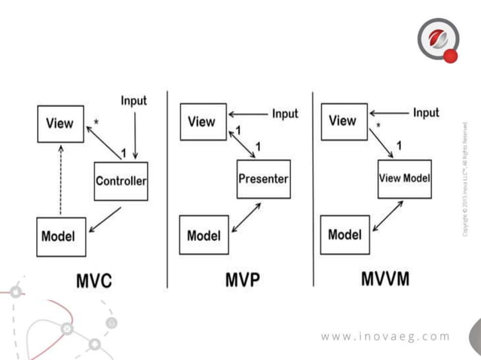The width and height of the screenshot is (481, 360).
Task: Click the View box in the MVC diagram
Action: [60, 124]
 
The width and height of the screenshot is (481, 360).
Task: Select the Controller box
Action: [121, 181]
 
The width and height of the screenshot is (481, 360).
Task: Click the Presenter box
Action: [263, 178]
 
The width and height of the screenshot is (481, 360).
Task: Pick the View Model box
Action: [404, 178]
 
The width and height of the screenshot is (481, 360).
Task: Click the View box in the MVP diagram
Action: [203, 121]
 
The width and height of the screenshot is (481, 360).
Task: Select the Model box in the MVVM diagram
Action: [345, 234]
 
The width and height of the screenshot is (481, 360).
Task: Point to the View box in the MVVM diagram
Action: [344, 121]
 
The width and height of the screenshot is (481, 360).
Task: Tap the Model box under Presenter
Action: [204, 235]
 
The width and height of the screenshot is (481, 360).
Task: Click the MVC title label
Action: [94, 281]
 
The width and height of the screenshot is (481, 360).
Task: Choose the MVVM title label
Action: [384, 279]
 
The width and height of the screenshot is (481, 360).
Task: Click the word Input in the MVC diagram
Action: [134, 100]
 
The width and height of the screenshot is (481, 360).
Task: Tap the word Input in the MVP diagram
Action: [285, 114]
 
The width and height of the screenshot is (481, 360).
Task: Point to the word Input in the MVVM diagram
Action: [426, 113]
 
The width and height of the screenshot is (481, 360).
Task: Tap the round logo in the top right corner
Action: [437, 39]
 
